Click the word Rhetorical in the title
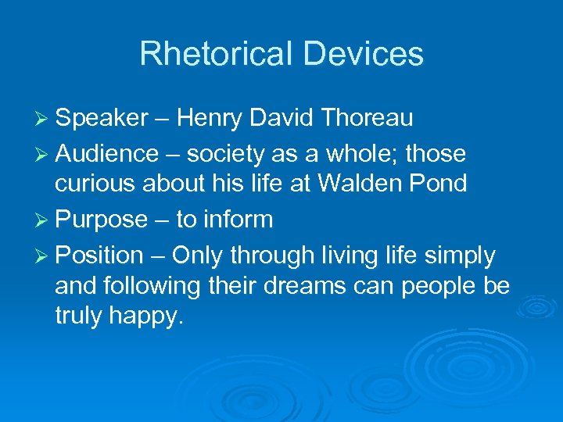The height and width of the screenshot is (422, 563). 213,54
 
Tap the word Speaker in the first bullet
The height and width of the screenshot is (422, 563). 102,118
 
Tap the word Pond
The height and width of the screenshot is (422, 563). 440,184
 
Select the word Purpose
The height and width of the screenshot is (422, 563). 102,220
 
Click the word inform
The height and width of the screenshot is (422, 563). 238,220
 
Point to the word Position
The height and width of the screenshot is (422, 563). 100,255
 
